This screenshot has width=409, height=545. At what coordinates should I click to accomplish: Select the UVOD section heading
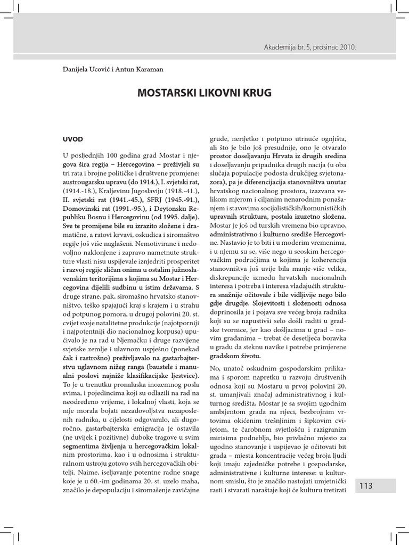tap(72, 139)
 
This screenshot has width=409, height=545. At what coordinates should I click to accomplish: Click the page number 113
tap(366, 485)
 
